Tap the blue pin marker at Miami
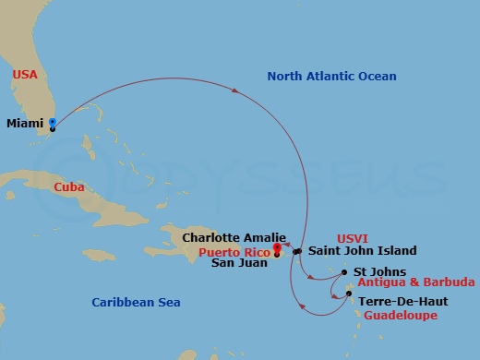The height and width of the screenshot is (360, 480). point(52,122)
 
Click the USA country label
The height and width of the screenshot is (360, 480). point(25,75)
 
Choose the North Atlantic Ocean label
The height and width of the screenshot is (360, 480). point(331,77)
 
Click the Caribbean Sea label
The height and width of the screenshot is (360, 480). point(136,302)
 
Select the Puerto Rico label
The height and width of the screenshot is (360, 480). point(230,250)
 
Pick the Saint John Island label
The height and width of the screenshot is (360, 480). point(362,250)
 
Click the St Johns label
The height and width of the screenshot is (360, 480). point(378,271)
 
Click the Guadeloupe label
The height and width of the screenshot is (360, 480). point(400,315)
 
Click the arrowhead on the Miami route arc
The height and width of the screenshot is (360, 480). point(252,91)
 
